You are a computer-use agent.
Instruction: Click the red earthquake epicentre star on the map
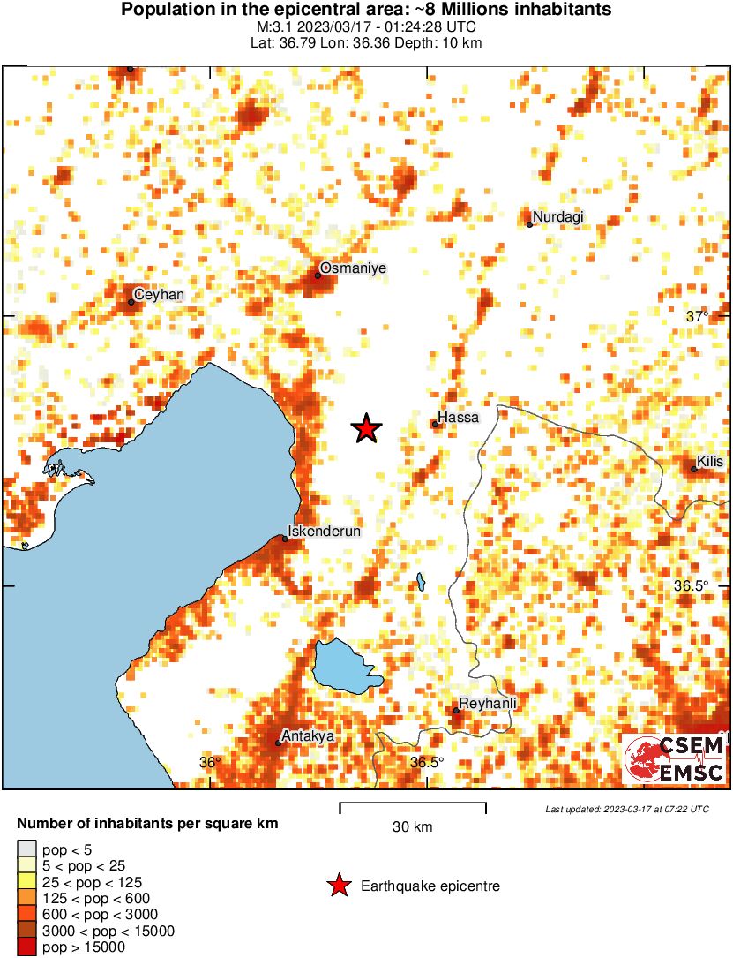366,429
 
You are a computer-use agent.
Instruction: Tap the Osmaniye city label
340,268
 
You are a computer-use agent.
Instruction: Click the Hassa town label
458,419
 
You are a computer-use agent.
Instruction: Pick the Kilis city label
709,461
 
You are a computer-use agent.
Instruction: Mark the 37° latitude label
698,316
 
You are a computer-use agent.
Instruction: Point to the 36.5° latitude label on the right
692,585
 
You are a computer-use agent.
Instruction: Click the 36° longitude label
209,762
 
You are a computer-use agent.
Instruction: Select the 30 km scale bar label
412,827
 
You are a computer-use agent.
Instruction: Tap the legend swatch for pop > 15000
26,947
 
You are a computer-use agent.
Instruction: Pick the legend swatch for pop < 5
26,850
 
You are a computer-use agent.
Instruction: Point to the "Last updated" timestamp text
626,809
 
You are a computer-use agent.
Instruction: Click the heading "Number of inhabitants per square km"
147,824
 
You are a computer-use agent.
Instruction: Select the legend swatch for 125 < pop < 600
26,899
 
